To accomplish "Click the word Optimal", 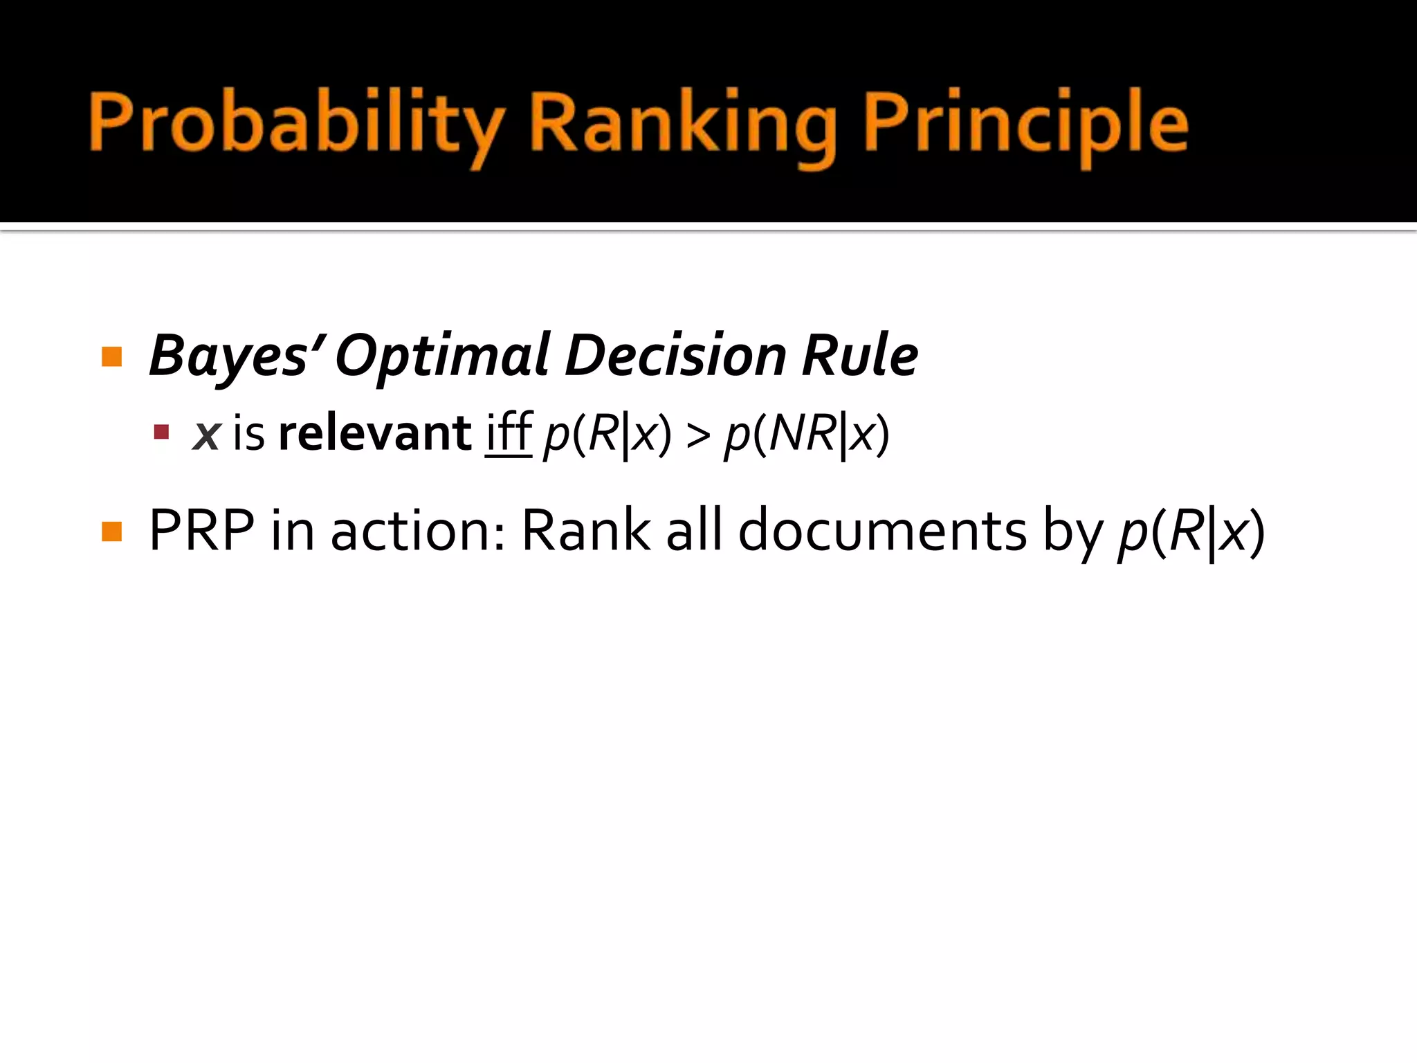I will point(443,356).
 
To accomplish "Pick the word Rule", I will point(859,356).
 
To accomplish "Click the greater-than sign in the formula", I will point(698,435).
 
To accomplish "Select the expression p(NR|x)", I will point(807,435).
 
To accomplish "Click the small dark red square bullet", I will point(161,433).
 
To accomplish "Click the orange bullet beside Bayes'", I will point(111,356).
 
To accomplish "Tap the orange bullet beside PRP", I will point(111,531).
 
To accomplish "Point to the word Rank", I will point(585,531).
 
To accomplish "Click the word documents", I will point(883,531).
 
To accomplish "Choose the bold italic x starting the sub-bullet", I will point(206,435).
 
